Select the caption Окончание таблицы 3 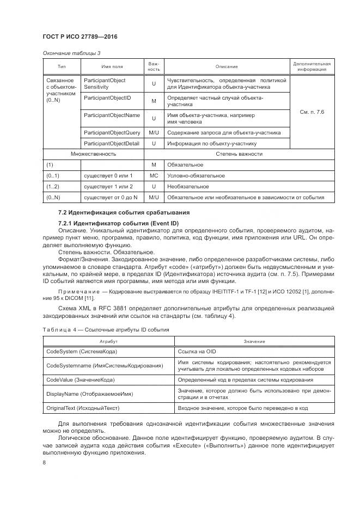(x=71, y=53)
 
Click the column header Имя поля (x=112, y=66)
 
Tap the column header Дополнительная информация (x=312, y=66)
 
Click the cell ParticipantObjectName (x=112, y=115)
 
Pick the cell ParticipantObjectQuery (x=112, y=132)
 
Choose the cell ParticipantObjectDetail (x=112, y=144)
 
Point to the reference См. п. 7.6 (x=312, y=112)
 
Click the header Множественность (x=93, y=154)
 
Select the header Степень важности (x=239, y=154)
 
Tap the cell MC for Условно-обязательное (x=154, y=176)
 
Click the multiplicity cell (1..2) (x=53, y=187)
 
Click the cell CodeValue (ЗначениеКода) (x=84, y=379)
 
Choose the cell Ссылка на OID (x=197, y=352)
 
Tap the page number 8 (x=44, y=463)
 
